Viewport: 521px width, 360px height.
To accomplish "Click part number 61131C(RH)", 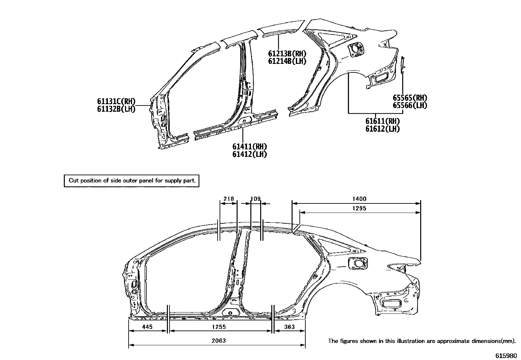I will [116, 101].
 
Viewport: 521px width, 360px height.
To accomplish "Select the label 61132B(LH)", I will [116, 109].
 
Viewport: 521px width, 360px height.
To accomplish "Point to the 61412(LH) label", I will [249, 154].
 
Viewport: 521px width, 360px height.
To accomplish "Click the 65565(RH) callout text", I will [410, 98].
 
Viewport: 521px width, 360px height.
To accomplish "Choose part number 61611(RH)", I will [383, 121].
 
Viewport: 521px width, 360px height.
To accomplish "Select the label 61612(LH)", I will [383, 129].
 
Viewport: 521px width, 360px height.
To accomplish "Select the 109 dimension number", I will [255, 199].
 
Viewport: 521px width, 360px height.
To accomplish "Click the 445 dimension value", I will [147, 327].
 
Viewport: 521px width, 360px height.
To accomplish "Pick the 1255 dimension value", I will [219, 327].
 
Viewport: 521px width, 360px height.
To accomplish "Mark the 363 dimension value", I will [289, 327].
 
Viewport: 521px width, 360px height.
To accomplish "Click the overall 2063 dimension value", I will [219, 341].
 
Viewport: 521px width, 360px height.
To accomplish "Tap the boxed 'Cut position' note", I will [132, 180].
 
